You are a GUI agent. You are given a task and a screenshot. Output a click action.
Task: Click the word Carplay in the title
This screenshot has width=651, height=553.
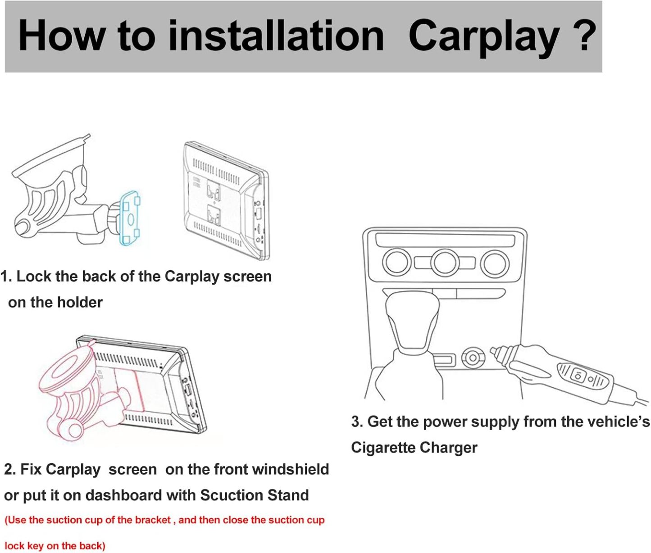coord(484,37)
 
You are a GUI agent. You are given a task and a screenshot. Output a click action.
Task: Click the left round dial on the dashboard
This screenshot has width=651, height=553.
coord(397,262)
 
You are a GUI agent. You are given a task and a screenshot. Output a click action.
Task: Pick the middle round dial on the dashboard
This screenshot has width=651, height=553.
coord(445,263)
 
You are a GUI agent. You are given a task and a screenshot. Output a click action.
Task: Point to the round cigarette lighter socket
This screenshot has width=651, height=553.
coord(473,357)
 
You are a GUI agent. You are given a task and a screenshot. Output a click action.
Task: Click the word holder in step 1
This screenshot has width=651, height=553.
coord(80,303)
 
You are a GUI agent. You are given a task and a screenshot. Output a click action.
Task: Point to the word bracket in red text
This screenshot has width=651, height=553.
coord(153,520)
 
